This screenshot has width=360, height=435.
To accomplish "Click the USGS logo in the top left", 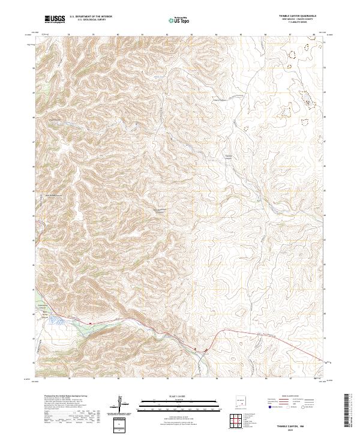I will point(55,19).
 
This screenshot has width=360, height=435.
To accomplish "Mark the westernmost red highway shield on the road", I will point(90,323).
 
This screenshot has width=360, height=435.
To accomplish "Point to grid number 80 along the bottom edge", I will point(119,379).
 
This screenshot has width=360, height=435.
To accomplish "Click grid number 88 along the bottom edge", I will point(315,379).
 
